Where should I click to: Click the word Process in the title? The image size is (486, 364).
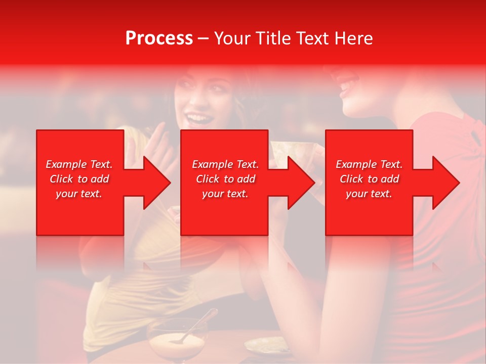coord(159,38)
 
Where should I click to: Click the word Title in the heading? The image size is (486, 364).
coord(273,38)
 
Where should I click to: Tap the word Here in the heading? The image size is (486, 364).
coord(353,38)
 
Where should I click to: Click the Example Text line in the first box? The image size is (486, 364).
coord(79,164)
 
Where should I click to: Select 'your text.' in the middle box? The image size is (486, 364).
coord(225,194)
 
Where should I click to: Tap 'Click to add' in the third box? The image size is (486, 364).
coord(369,179)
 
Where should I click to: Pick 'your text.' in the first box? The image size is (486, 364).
coord(79,194)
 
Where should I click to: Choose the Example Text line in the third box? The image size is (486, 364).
coord(369,164)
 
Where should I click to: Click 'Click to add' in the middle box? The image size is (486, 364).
coord(225,179)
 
